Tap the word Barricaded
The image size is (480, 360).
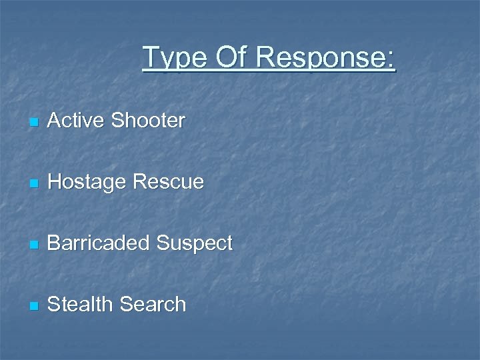click(99, 243)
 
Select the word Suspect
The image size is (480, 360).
click(195, 245)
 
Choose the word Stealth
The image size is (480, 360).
click(81, 305)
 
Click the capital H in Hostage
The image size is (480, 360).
click(55, 181)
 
